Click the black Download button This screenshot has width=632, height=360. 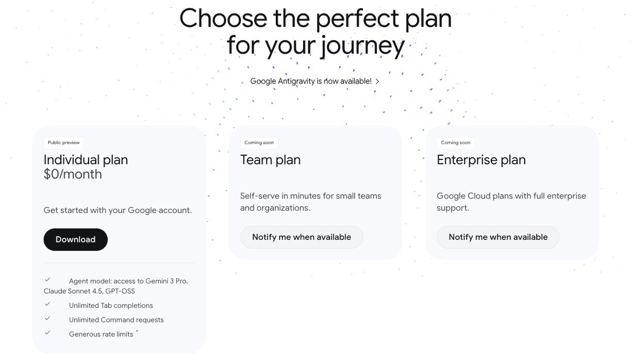click(x=75, y=239)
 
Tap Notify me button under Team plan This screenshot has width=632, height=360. click(x=302, y=237)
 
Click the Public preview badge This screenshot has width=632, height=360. click(x=63, y=142)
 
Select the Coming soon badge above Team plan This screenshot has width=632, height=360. click(x=259, y=142)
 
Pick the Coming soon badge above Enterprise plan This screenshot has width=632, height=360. click(x=456, y=142)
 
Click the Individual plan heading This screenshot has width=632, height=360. click(x=86, y=160)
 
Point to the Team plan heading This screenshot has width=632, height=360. click(x=270, y=160)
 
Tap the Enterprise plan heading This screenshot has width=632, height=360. click(x=481, y=160)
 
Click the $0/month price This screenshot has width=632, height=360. click(x=73, y=174)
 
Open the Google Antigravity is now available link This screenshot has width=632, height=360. click(x=311, y=81)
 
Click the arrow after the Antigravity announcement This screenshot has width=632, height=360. click(x=377, y=81)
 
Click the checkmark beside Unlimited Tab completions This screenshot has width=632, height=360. click(x=47, y=304)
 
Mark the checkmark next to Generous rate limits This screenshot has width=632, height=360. click(x=47, y=333)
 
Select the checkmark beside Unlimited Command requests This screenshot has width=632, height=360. click(x=47, y=318)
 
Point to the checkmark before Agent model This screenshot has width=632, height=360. click(x=47, y=280)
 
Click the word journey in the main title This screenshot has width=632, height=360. click(x=363, y=46)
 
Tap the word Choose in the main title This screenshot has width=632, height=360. click(x=223, y=19)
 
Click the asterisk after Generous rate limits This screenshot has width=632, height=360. click(x=137, y=331)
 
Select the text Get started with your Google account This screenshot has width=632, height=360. click(x=118, y=210)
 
